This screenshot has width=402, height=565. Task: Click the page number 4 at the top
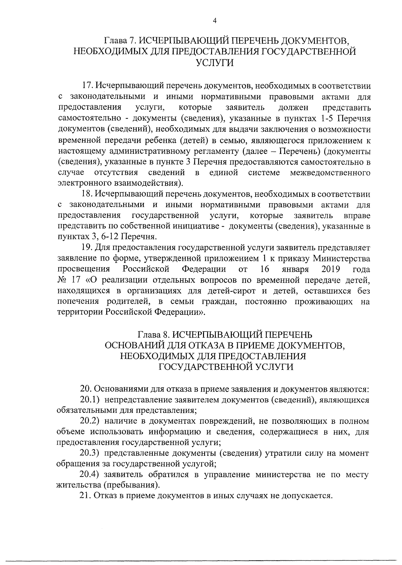[x=215, y=21]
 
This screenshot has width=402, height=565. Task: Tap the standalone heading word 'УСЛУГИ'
[x=214, y=63]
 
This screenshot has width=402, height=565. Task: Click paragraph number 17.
[x=87, y=86]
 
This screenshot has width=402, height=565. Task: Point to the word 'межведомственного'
[x=330, y=173]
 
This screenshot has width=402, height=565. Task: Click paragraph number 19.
[x=87, y=247]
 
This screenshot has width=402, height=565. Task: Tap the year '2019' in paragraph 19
[x=331, y=269]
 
